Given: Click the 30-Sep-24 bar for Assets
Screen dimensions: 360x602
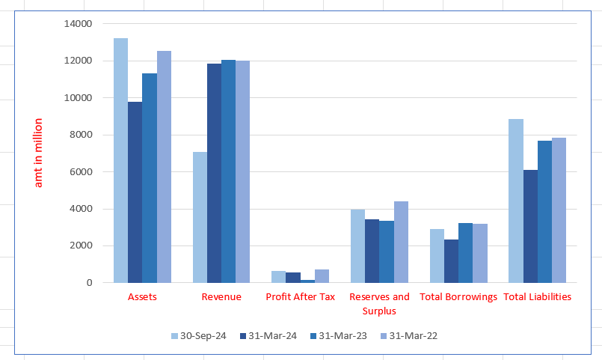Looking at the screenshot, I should pos(120,160).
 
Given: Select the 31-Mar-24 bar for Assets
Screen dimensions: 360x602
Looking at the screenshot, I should pos(135,192).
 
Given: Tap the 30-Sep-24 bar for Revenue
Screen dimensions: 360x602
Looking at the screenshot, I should pos(200,217).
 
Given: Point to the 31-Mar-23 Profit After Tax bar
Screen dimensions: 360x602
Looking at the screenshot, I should pos(307,281).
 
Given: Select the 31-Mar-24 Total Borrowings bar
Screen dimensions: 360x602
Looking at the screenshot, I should pos(451,261).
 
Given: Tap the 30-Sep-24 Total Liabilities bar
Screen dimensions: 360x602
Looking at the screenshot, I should pos(515,201).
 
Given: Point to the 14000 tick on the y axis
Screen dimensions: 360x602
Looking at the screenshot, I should pos(79,24).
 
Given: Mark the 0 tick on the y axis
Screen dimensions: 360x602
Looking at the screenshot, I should pos(88,283).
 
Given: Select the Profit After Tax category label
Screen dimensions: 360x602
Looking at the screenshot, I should pos(301,297).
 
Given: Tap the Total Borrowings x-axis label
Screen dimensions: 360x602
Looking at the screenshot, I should pos(458,297).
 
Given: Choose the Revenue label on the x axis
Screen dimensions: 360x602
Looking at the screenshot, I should pos(221,297).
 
